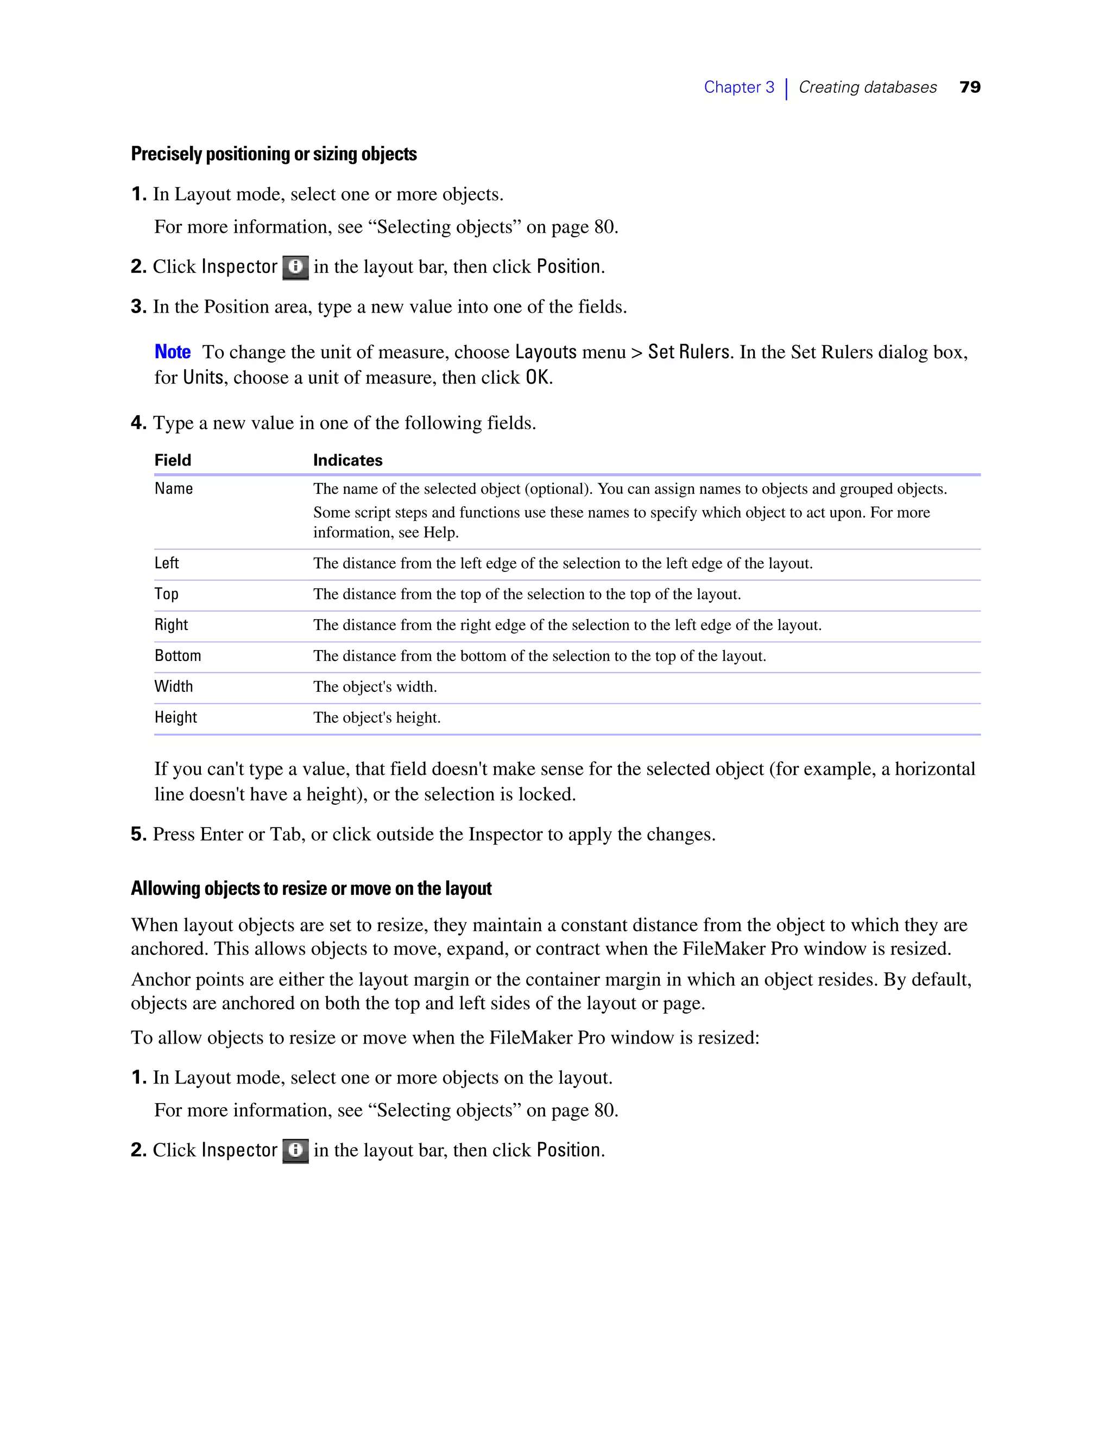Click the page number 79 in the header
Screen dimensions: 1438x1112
pyautogui.click(x=970, y=87)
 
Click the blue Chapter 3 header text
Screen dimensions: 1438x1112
pyautogui.click(x=738, y=87)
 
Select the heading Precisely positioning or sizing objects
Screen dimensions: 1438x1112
pyautogui.click(x=274, y=154)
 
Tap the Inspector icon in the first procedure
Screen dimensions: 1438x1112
pyautogui.click(x=295, y=268)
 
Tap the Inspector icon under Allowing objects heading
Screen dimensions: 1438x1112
pyautogui.click(x=295, y=1150)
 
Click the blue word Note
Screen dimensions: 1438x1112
pyautogui.click(x=173, y=352)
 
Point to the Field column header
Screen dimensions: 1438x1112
pyautogui.click(x=173, y=460)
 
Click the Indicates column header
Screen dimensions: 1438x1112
pyautogui.click(x=347, y=460)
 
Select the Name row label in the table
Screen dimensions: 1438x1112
pyautogui.click(x=173, y=488)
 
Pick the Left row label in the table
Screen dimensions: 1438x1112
pyautogui.click(x=167, y=563)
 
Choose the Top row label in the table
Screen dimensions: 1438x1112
pyautogui.click(x=167, y=594)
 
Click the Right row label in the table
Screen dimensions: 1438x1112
pyautogui.click(x=171, y=625)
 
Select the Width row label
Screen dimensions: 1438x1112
pyautogui.click(x=174, y=687)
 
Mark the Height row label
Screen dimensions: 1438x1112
pyautogui.click(x=176, y=718)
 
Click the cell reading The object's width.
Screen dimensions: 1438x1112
pyautogui.click(x=375, y=687)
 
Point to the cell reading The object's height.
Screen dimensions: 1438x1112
pyautogui.click(x=377, y=718)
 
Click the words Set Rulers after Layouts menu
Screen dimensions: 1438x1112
pyautogui.click(x=688, y=352)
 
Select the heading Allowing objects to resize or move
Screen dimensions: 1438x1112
pyautogui.click(x=311, y=889)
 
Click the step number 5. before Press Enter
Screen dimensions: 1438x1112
pyautogui.click(x=138, y=834)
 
